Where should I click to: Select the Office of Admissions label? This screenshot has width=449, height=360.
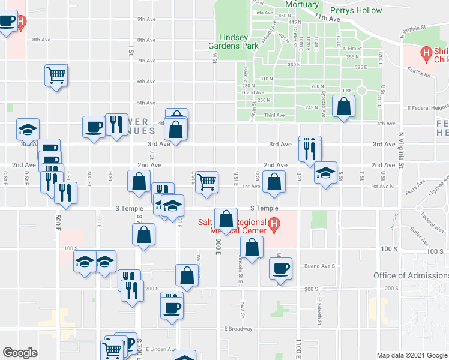coord(411,275)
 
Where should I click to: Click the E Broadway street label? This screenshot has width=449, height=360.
coord(238,329)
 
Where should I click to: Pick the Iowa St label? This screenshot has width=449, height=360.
coord(243,310)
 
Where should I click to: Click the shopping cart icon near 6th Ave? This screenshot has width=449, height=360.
coord(56,76)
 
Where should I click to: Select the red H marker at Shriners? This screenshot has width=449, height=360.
coord(427,55)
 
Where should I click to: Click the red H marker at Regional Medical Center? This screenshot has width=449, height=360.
coord(274,226)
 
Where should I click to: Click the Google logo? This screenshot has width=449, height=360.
coord(20,353)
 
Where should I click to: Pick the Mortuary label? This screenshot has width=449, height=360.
coord(301,4)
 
